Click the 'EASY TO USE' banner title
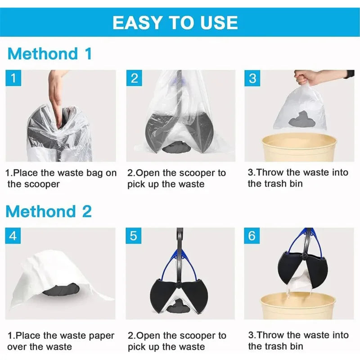click(x=175, y=22)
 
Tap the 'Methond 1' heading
click(x=49, y=54)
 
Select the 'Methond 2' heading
click(x=49, y=211)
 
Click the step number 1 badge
click(x=14, y=78)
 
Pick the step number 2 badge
click(x=134, y=78)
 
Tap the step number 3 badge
click(x=252, y=78)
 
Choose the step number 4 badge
click(x=14, y=236)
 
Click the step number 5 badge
click(x=134, y=236)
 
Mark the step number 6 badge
click(x=252, y=236)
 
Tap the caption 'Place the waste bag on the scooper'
click(x=61, y=178)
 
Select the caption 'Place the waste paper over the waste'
click(x=61, y=341)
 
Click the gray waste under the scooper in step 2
click(x=176, y=147)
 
